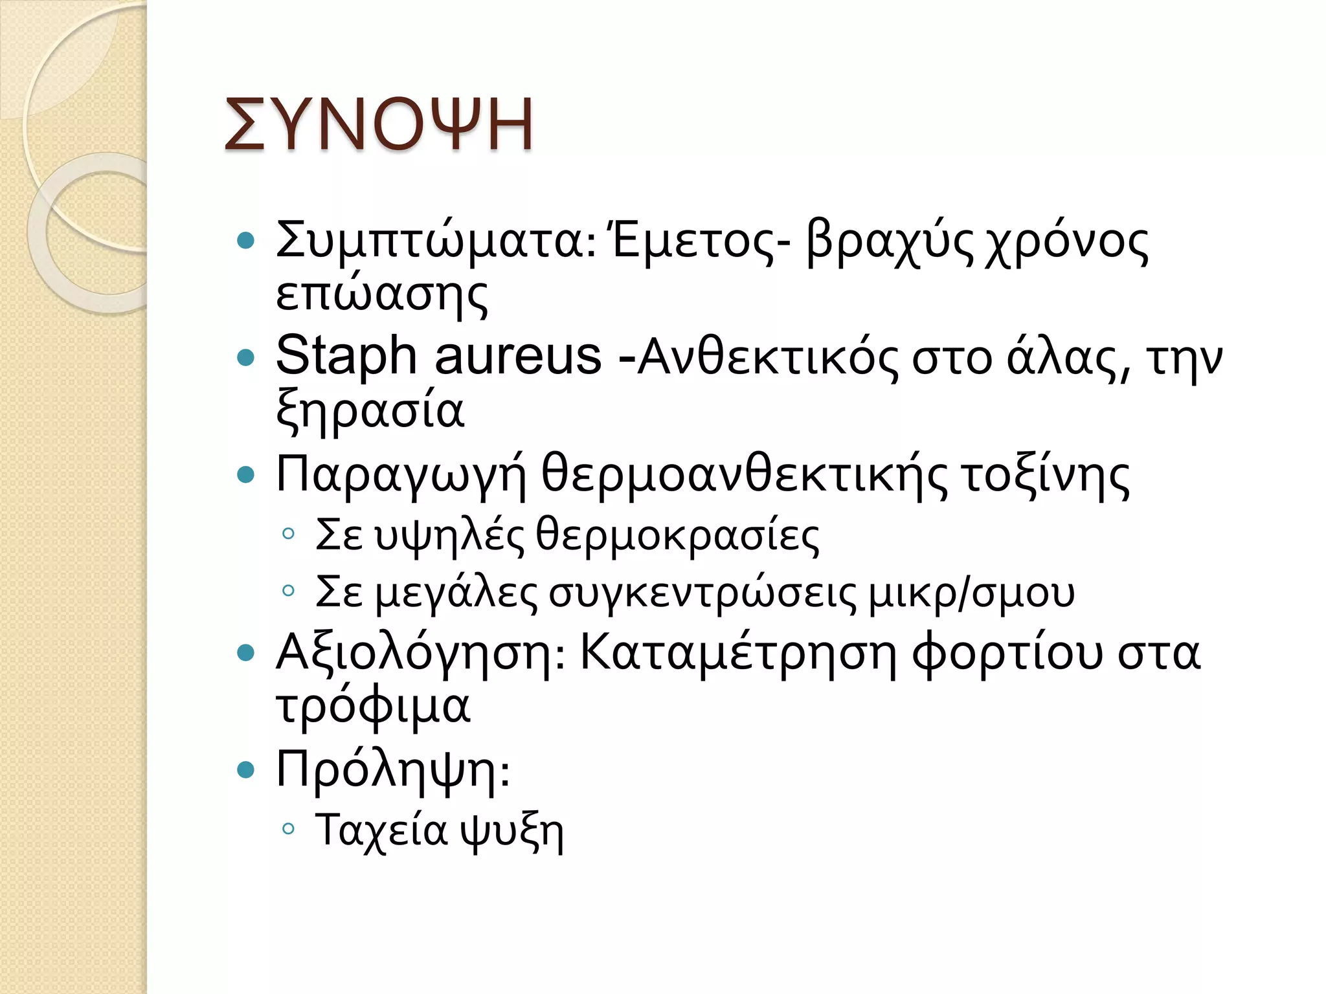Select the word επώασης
381,295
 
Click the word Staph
346,356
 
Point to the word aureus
518,356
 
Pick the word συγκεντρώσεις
703,593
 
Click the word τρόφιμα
373,705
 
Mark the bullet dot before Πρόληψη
246,769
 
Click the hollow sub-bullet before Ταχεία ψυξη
289,828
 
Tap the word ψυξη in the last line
511,831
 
